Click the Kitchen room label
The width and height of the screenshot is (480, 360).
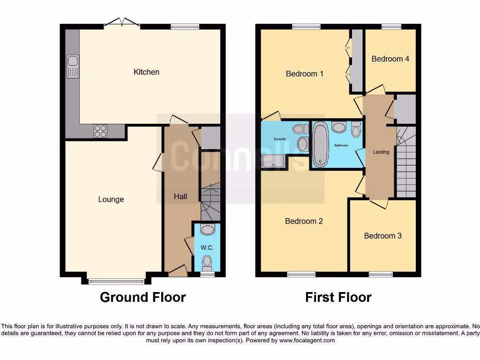click(x=146, y=72)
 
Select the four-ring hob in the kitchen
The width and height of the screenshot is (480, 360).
click(x=100, y=131)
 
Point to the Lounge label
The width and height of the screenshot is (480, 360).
click(x=111, y=199)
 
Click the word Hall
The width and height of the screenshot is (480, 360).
click(x=180, y=196)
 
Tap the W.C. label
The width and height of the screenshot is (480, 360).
click(x=207, y=247)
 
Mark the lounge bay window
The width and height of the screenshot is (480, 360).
click(x=116, y=281)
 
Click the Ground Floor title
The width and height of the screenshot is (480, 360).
click(x=142, y=297)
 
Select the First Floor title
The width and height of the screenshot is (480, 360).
click(x=338, y=297)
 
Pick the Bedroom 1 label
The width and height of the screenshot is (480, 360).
click(x=305, y=74)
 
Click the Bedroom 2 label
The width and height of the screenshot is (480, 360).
click(x=304, y=221)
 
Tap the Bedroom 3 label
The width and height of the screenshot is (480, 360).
click(x=382, y=236)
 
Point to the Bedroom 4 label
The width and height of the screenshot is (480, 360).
click(x=390, y=59)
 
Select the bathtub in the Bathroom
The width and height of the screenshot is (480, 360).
click(x=321, y=144)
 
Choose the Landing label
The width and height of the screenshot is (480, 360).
click(x=381, y=152)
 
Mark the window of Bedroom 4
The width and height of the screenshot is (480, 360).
click(x=390, y=27)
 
